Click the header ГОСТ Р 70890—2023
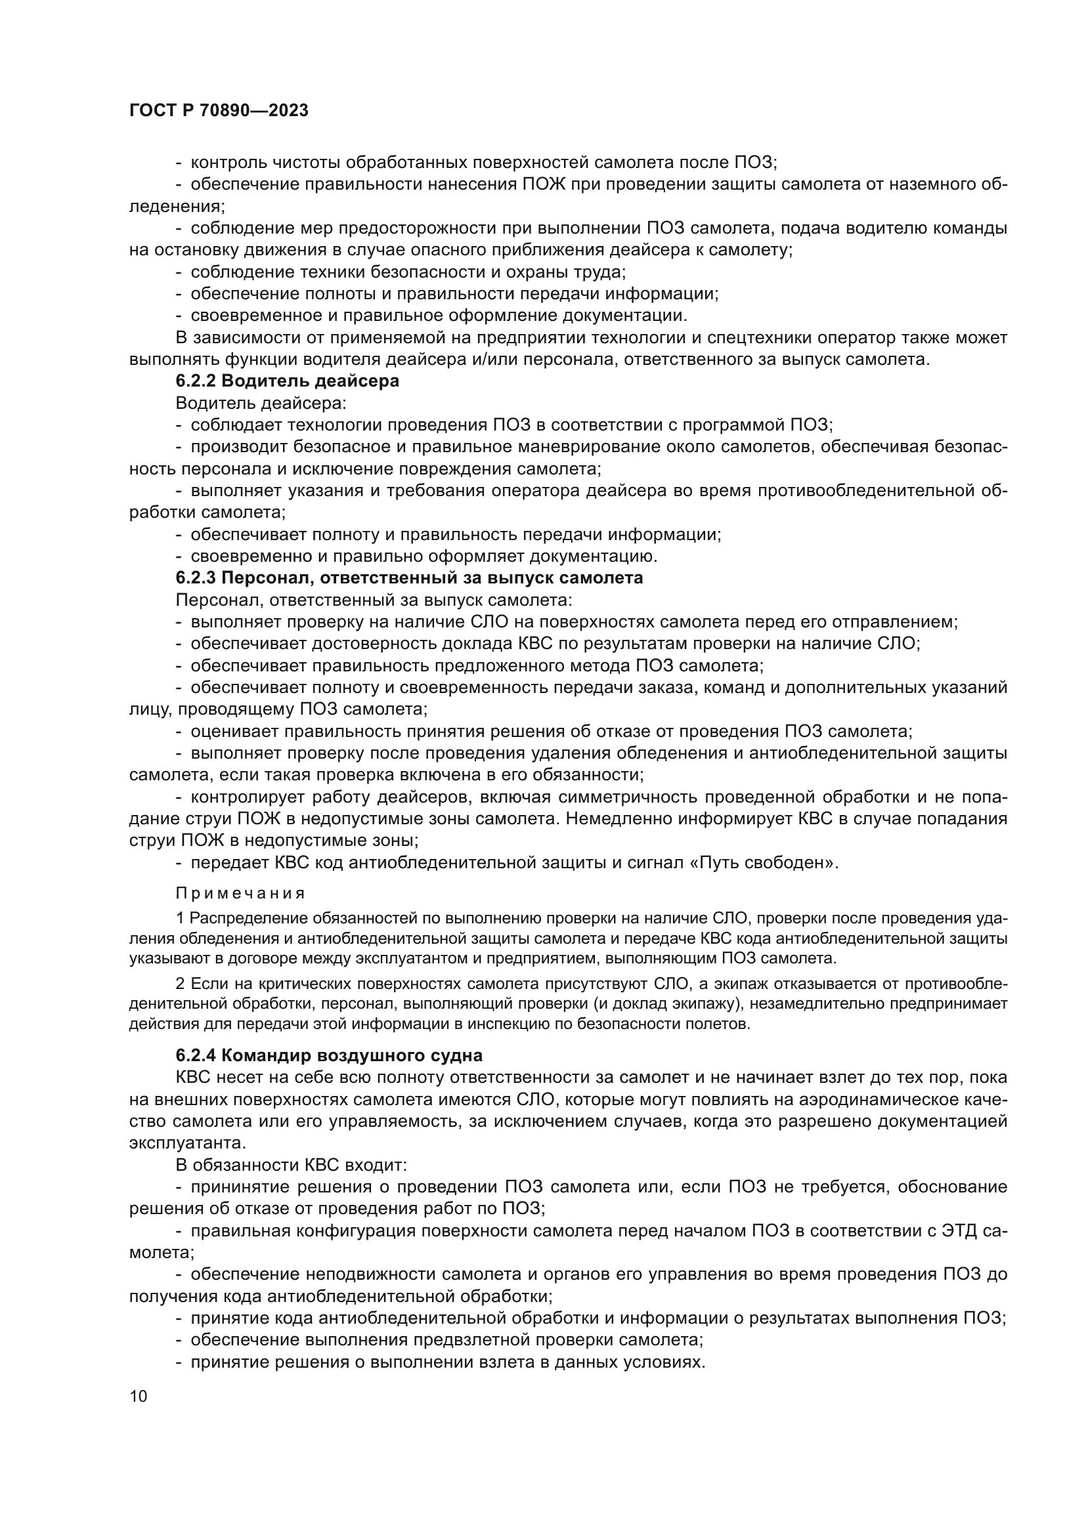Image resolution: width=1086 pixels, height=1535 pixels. tap(219, 111)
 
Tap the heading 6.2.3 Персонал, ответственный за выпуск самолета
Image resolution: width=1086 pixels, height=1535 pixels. tap(409, 578)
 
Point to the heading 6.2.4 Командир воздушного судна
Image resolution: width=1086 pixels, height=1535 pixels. tap(329, 1056)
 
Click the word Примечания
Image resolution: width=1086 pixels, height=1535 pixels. tap(240, 894)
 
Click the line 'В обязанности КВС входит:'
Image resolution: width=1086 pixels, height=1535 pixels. tap(291, 1165)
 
